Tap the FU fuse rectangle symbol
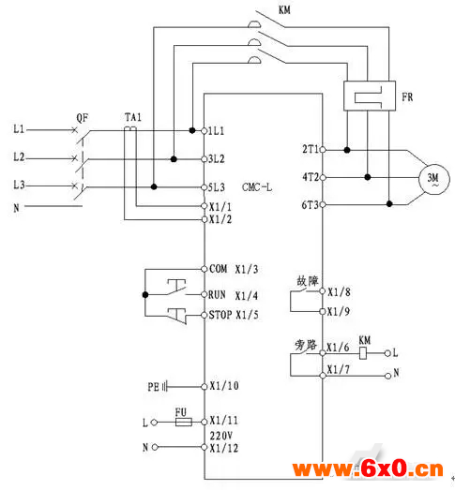[x=183, y=423]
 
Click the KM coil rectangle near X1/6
[x=363, y=353]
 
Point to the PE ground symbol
[x=165, y=387]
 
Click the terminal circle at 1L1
[x=204, y=130]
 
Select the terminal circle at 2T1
[x=323, y=150]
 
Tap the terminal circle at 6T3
[x=323, y=204]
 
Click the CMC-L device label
[x=257, y=187]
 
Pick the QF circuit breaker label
[x=82, y=118]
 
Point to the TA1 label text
[x=133, y=117]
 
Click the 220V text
[x=220, y=436]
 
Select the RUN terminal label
[x=217, y=295]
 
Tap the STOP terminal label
[x=220, y=315]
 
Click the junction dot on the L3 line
[x=154, y=186]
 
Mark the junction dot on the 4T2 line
[x=368, y=177]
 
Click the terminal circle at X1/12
[x=204, y=447]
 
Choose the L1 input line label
[x=19, y=128]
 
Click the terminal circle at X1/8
[x=323, y=291]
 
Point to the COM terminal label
[x=218, y=269]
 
